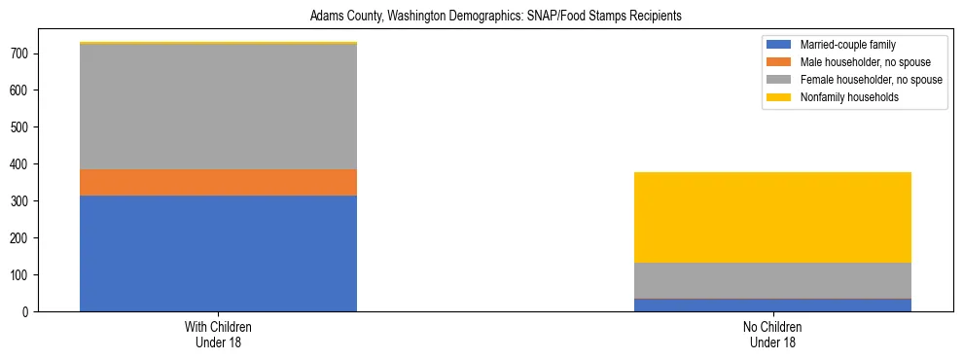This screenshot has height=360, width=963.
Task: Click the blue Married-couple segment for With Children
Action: pos(218,253)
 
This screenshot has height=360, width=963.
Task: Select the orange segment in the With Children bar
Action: pos(218,182)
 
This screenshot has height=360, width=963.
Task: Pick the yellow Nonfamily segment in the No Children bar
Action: pos(772,217)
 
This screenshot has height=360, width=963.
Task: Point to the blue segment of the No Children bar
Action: pos(772,305)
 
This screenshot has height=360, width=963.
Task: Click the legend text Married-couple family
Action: pos(846,45)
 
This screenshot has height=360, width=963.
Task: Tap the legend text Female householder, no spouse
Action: pos(870,80)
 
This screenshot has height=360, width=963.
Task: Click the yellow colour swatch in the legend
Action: pos(779,97)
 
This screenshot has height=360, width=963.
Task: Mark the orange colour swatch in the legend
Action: pos(779,62)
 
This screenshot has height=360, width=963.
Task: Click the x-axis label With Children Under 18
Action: pos(218,335)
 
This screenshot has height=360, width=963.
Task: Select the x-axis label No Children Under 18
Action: pos(772,335)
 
